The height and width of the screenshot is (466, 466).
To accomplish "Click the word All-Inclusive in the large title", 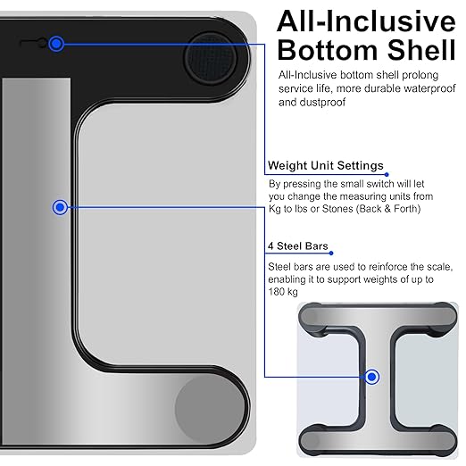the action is tap(366, 21).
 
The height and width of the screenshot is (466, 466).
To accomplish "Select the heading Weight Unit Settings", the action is tap(326, 165).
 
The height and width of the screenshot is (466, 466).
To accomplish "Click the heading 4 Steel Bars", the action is tap(298, 246).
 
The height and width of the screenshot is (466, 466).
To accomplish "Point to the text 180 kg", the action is tap(283, 292).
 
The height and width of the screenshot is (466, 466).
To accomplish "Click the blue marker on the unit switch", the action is tap(56, 44).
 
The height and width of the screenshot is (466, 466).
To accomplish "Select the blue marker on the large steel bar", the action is tap(60, 207).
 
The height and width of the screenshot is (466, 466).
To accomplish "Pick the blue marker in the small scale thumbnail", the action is tap(371, 377).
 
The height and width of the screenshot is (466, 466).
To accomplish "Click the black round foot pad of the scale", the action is tap(211, 59).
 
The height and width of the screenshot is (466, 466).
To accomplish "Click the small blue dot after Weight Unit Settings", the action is tap(387, 174).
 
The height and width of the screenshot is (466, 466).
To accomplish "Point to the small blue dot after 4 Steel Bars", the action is tap(331, 253).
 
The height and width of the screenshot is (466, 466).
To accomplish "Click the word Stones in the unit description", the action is tap(337, 209).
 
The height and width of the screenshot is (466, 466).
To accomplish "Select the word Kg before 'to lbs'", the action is tap(275, 209).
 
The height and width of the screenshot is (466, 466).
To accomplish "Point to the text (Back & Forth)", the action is tap(388, 209).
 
